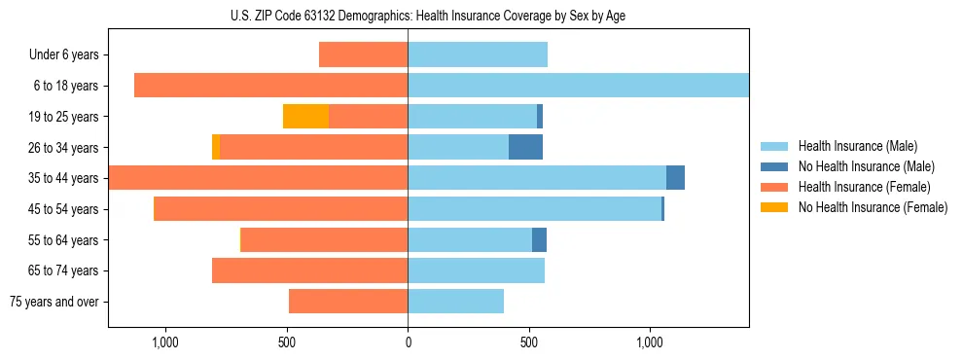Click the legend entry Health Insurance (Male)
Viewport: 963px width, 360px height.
pos(856,146)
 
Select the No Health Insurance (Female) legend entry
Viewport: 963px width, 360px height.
pos(872,207)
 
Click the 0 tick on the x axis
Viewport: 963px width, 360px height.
pos(408,342)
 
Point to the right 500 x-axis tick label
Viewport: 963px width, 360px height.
pos(528,342)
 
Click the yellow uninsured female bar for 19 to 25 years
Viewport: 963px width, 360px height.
pos(305,116)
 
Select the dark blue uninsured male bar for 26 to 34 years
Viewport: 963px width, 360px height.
pos(525,147)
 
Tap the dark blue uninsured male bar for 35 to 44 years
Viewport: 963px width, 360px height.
pos(675,178)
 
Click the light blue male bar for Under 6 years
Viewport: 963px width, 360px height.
pos(477,54)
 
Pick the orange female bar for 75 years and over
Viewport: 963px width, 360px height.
pos(348,302)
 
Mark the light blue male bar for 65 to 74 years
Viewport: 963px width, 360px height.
pos(476,270)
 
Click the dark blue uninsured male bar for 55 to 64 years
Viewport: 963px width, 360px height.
pos(539,239)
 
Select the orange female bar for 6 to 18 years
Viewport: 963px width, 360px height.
pos(270,86)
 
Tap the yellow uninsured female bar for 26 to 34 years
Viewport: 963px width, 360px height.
pos(216,147)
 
